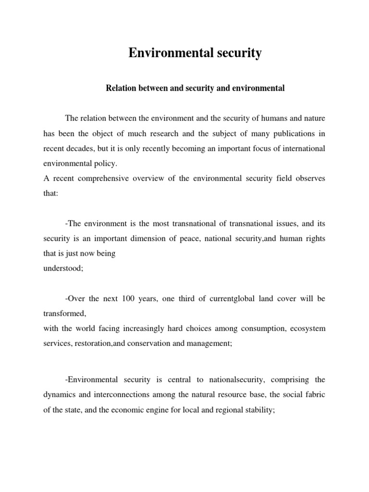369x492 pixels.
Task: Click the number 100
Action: click(133, 298)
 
